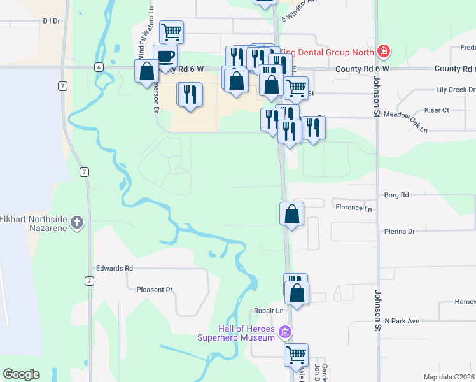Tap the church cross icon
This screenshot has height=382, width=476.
tap(76, 222)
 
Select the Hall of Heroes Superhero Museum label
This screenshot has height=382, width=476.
tap(247, 333)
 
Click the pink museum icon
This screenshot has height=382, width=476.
tap(286, 332)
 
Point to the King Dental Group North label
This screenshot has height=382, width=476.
tap(328, 50)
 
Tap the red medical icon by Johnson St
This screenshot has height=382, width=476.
tap(383, 50)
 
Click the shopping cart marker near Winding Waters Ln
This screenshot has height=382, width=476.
tap(172, 31)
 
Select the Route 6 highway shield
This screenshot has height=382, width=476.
tap(99, 66)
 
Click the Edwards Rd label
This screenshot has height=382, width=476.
tap(115, 268)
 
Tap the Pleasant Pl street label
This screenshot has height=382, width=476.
tap(155, 290)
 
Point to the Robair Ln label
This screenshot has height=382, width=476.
tap(270, 311)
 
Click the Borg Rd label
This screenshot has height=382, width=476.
tap(396, 195)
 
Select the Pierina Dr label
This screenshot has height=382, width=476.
tap(399, 231)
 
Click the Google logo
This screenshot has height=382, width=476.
tap(21, 374)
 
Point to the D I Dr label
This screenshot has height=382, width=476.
tap(51, 21)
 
